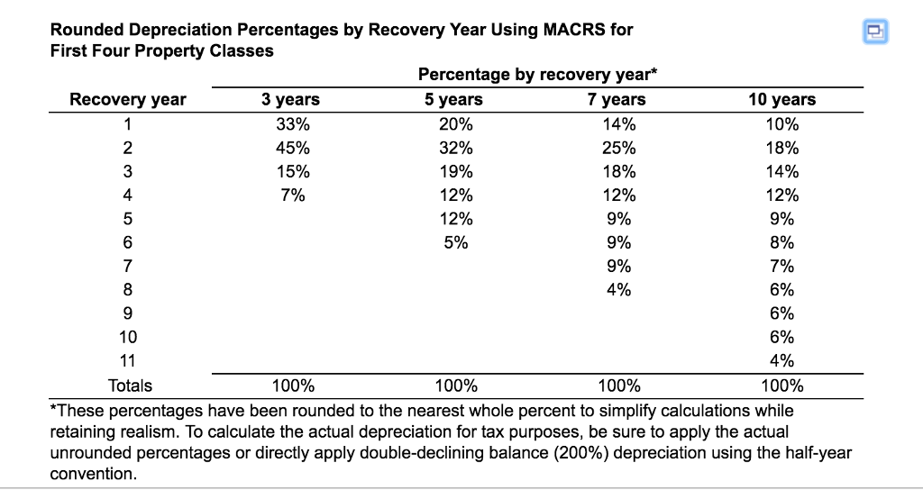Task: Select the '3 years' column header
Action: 290,100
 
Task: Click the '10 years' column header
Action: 781,100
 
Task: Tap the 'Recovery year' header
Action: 128,100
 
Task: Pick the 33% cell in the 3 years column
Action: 290,124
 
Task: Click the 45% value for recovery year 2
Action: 290,148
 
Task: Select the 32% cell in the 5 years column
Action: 454,148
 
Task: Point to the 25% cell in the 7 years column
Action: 617,148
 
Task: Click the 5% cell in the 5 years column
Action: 454,242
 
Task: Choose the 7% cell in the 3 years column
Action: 290,195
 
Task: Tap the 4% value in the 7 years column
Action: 617,290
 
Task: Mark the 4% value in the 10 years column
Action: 781,361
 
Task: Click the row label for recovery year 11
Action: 128,361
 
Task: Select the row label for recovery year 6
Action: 128,242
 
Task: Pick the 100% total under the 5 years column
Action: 454,386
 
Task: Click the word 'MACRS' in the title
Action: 576,30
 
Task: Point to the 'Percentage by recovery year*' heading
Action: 537,76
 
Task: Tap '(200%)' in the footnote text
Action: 616,453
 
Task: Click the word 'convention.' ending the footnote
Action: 94,474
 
